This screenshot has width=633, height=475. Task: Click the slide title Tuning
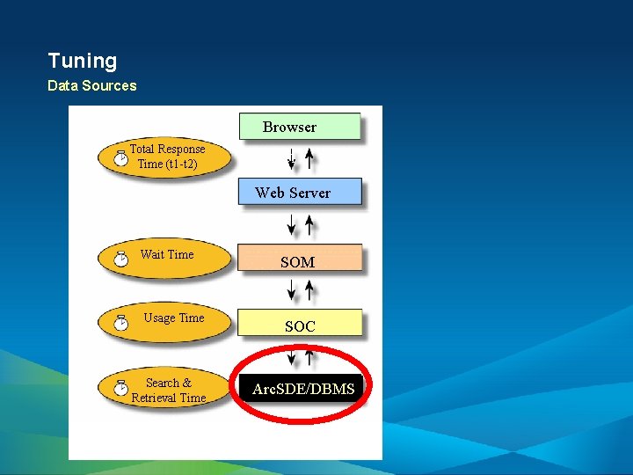[82, 61]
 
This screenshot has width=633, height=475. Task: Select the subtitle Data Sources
[91, 85]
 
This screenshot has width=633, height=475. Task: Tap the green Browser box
[300, 127]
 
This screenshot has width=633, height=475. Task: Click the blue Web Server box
[300, 193]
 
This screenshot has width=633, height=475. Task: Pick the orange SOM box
[300, 260]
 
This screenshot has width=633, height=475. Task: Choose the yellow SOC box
[300, 325]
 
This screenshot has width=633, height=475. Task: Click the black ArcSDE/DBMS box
[302, 388]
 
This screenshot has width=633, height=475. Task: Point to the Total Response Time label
[168, 157]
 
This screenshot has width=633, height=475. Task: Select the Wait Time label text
[167, 254]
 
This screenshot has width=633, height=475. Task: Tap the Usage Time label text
[174, 318]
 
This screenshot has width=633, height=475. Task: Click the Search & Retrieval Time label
[168, 390]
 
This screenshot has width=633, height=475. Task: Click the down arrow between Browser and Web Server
[292, 158]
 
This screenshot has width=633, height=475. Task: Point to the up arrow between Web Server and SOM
[309, 225]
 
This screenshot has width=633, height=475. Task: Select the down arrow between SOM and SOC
[292, 289]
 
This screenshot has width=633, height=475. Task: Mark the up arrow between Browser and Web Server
[309, 158]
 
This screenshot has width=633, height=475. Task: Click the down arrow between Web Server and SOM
[292, 225]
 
